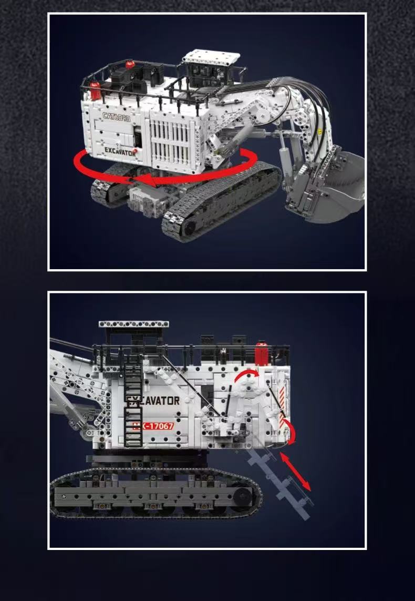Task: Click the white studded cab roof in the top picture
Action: (206, 57)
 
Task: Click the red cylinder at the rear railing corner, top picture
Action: (95, 90)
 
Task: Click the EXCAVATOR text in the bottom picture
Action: (154, 401)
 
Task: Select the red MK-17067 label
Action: (153, 426)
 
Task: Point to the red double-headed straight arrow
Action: (295, 472)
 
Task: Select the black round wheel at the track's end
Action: (243, 495)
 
